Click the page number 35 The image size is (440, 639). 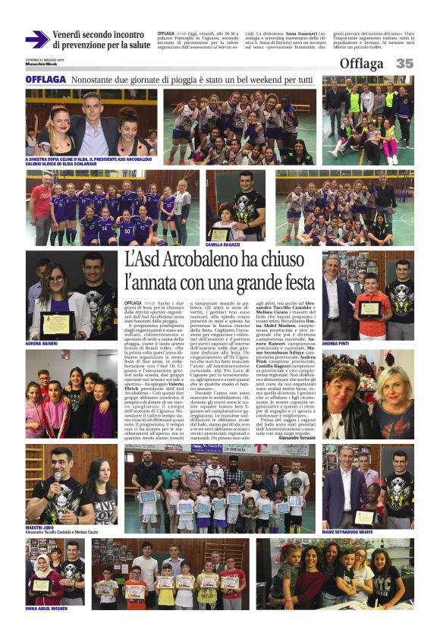pos(404,64)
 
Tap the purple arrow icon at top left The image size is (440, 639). pos(36,39)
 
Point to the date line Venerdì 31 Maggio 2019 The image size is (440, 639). pos(41,58)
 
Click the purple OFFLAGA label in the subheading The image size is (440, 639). pos(46,80)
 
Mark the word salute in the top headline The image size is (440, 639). pos(135,45)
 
